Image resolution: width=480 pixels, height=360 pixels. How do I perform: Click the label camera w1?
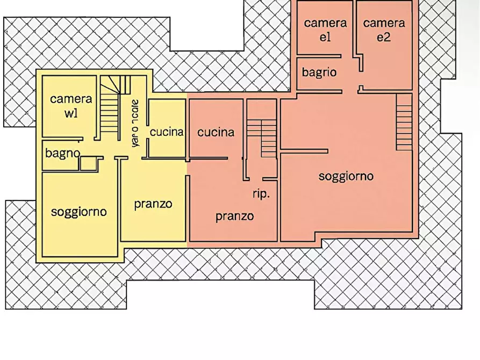click(71, 106)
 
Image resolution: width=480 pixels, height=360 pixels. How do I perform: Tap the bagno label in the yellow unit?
click(62, 154)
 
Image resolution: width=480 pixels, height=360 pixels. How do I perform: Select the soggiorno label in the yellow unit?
click(78, 212)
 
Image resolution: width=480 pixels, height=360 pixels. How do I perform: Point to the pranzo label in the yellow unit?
click(153, 204)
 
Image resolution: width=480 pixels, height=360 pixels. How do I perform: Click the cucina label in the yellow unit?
click(167, 132)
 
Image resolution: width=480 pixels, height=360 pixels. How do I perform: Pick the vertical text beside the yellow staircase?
click(135, 123)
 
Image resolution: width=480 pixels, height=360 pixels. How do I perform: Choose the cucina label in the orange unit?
click(216, 132)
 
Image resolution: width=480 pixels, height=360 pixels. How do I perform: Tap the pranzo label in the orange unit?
click(235, 217)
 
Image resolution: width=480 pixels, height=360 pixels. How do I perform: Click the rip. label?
click(261, 194)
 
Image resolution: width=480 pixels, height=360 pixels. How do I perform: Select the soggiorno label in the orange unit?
click(346, 176)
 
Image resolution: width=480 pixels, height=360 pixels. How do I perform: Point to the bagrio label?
click(319, 73)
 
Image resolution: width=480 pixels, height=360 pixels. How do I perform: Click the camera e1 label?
click(325, 30)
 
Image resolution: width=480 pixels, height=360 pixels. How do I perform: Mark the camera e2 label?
click(384, 30)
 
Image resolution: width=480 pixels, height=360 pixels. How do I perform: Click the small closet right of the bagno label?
click(91, 164)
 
